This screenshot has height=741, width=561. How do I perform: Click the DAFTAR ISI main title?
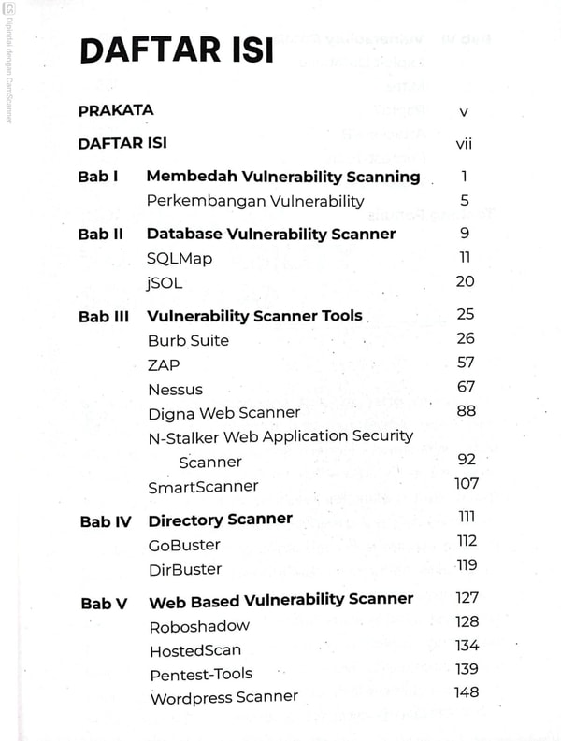(177, 50)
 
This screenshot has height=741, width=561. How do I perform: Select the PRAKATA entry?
(116, 110)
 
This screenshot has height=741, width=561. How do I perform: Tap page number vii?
(464, 145)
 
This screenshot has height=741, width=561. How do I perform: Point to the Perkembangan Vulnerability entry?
(255, 201)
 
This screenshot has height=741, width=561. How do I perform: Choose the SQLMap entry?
(180, 258)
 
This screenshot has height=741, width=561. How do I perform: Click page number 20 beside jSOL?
(465, 280)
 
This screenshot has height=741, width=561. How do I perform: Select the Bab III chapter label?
(103, 316)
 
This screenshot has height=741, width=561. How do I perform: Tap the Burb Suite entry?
(188, 340)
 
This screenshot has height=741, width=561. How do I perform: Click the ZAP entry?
(164, 364)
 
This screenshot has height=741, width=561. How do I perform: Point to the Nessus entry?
(175, 389)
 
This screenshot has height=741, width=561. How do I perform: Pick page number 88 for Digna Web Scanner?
(466, 410)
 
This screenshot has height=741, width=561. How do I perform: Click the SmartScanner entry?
(203, 487)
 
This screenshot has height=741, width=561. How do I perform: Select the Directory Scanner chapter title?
(220, 520)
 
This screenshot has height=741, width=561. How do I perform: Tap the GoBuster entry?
(184, 545)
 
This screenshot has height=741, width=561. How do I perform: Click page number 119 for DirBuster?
(467, 564)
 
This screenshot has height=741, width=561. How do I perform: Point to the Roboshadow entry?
(199, 626)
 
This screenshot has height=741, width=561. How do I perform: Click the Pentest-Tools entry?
(201, 674)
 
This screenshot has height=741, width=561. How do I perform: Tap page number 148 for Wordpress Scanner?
(466, 692)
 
